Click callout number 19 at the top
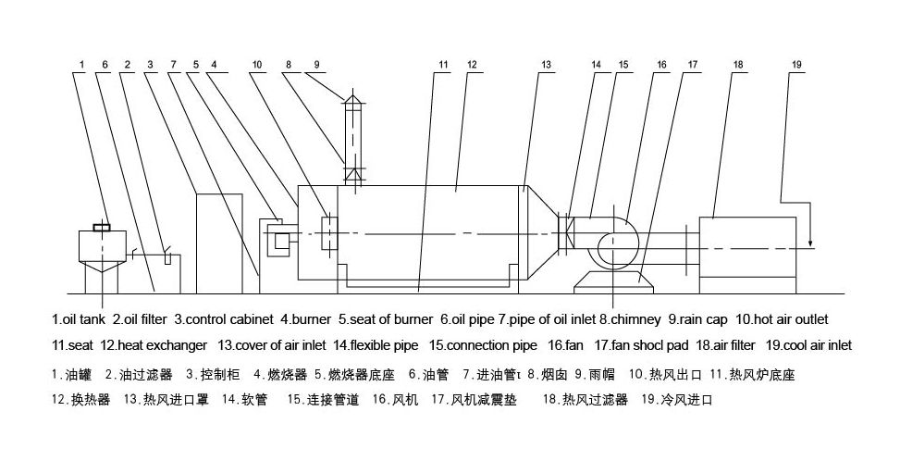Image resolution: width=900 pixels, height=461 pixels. point(797,65)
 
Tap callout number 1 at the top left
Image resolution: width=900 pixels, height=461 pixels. point(82,65)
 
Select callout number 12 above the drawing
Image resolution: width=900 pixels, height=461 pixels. point(472,65)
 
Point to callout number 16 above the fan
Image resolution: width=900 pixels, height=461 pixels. point(662,65)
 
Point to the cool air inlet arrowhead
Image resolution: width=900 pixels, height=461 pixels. point(810,247)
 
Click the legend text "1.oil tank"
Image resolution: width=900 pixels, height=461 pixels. point(80,320)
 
